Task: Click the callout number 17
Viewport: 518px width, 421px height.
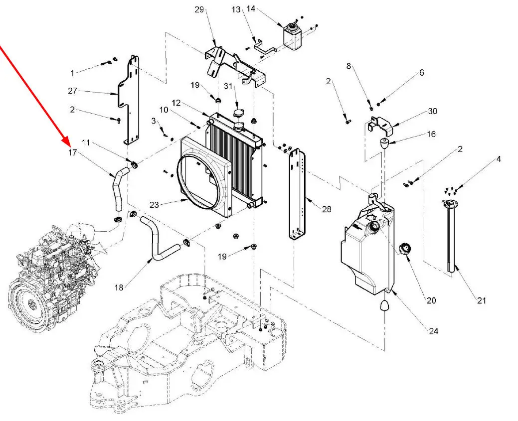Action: coord(73,152)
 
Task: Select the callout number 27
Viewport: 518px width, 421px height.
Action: coord(73,91)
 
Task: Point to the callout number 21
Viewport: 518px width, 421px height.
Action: coord(481,300)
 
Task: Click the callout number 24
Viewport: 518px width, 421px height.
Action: coord(433,331)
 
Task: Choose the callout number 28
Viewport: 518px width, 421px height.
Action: coord(327,209)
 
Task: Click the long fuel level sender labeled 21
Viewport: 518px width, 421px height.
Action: coord(452,234)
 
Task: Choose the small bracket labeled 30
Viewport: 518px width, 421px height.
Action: coord(381,124)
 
